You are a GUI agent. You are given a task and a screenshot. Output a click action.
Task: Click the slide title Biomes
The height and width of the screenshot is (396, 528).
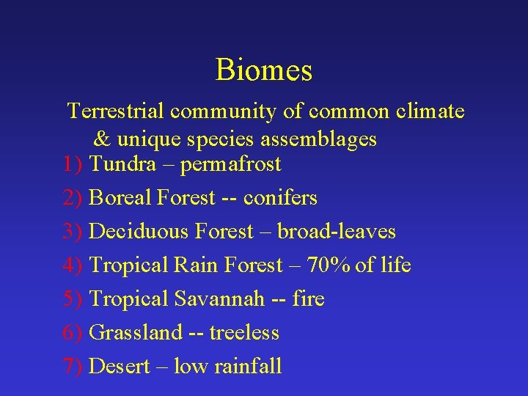264,70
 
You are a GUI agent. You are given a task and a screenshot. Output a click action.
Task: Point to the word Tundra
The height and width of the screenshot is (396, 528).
122,164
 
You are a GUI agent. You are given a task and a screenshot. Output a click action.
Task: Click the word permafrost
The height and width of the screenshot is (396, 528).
230,164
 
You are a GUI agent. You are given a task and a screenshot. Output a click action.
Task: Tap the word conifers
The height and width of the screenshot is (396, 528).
280,197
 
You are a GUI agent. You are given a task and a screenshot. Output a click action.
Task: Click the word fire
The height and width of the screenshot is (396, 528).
308,298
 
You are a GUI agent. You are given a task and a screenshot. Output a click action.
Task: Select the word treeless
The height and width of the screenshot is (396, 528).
244,332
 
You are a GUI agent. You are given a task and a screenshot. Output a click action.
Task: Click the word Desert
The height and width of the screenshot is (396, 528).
117,366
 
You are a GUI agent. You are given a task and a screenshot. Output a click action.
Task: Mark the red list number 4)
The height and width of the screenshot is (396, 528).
73,265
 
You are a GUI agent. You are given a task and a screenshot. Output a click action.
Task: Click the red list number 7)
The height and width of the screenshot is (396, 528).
73,366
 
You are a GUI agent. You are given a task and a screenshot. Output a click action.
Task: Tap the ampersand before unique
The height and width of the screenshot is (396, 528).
102,138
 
